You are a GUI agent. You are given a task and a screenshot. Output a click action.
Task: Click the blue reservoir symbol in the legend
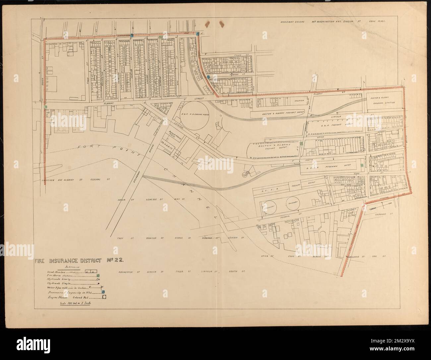coord(103,292)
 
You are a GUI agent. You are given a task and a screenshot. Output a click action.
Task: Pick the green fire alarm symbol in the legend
coord(98,276)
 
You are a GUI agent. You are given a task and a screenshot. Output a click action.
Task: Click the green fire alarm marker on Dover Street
coord(45,107)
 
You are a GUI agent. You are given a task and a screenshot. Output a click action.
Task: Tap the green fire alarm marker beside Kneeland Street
coord(361,165)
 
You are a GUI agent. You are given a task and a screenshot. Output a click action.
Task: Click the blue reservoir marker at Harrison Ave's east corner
coord(198,33)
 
